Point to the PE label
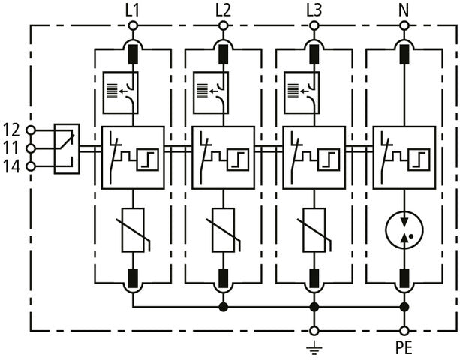(404, 349)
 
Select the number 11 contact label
(13, 148)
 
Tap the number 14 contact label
(13, 166)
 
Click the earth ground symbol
(314, 347)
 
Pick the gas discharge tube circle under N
(404, 231)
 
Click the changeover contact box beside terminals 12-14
(67, 148)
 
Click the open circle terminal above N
(404, 25)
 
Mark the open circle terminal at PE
(404, 330)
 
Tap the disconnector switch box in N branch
(404, 157)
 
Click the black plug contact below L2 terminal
(223, 54)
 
